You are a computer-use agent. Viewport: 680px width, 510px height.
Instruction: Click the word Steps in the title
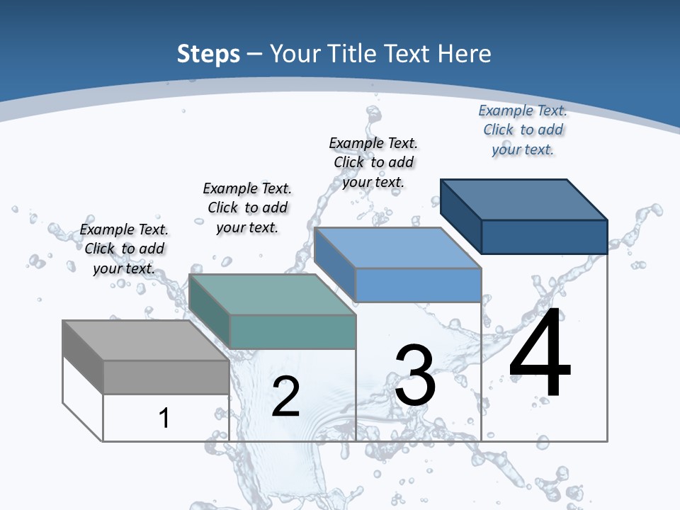(x=208, y=54)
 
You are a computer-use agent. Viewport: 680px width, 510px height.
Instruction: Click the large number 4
(x=540, y=354)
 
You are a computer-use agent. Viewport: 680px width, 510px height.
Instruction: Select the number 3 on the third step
(x=415, y=375)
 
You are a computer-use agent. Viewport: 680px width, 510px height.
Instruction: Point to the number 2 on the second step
(x=285, y=397)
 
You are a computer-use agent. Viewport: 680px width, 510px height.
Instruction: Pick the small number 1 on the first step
(x=164, y=418)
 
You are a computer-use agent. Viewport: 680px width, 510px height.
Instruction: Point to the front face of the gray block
(x=166, y=377)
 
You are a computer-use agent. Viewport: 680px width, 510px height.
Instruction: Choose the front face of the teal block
(x=293, y=331)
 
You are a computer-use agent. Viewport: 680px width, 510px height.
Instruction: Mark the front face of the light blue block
(x=418, y=285)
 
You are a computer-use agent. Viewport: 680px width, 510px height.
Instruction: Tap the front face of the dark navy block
(x=544, y=237)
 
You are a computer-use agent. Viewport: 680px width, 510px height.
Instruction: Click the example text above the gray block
(x=124, y=249)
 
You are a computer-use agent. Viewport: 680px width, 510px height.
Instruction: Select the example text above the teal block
(x=247, y=208)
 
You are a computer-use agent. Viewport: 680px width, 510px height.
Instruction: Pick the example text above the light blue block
(x=373, y=162)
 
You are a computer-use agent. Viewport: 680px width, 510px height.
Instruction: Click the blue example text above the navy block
(x=523, y=130)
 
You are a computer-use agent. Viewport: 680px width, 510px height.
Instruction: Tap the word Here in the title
(x=464, y=54)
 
